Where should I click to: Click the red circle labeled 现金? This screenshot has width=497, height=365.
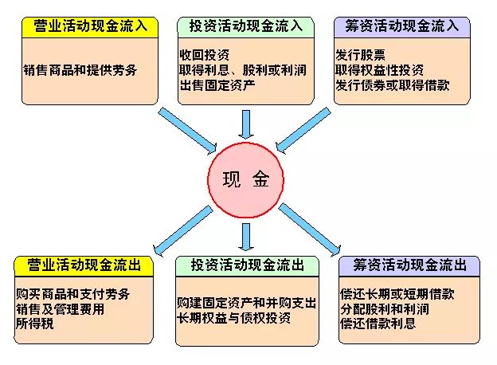(x=245, y=180)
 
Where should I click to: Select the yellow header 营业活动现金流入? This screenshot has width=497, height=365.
(x=90, y=27)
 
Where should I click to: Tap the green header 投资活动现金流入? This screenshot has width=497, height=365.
(x=245, y=27)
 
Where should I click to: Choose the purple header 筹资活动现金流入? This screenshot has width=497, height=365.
(x=402, y=27)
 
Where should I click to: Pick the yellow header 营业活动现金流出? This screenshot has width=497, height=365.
(x=84, y=266)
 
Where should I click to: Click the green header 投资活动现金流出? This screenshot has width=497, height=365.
(x=247, y=266)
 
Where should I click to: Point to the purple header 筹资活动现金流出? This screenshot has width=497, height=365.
(x=409, y=266)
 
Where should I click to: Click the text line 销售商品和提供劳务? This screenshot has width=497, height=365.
(x=80, y=70)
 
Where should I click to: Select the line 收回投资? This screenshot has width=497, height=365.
(x=205, y=55)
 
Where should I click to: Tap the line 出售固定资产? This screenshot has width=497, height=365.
(x=217, y=85)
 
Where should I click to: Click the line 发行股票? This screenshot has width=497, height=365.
(x=360, y=55)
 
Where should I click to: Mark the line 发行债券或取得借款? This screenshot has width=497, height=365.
(x=393, y=85)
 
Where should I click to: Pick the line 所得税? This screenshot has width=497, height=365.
(x=35, y=324)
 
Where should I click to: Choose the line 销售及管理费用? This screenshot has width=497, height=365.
(x=61, y=309)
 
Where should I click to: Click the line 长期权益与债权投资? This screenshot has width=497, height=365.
(x=234, y=318)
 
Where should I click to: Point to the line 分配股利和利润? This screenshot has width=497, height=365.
(x=385, y=309)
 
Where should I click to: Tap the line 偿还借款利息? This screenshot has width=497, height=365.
(x=378, y=324)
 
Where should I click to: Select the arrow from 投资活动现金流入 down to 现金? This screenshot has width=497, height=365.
(x=246, y=124)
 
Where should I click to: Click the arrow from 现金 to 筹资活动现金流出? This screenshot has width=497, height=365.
(x=310, y=230)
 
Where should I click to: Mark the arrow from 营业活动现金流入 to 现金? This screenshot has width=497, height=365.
(x=187, y=131)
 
